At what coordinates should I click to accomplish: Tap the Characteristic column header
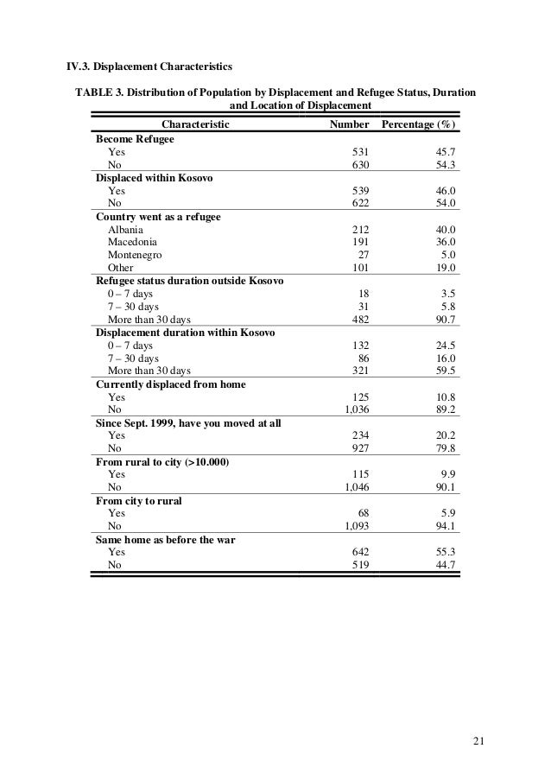pos(196,124)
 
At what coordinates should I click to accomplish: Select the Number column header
pos(350,124)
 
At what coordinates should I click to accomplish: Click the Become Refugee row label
pos(135,138)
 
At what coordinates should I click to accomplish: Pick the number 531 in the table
pos(360,151)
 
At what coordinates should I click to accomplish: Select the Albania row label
pos(127,229)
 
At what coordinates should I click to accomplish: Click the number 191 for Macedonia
pos(360,242)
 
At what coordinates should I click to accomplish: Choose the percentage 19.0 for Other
pos(445,268)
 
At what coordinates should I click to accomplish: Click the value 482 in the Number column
pos(360,320)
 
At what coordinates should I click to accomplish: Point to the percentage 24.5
pos(445,346)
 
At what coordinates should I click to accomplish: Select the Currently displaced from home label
pos(171,384)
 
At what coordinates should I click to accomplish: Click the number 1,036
pos(357,410)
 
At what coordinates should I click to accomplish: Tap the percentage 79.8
pos(445,449)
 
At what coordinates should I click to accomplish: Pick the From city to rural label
pos(139,500)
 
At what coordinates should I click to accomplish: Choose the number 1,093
pos(357,526)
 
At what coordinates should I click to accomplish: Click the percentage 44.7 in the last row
pos(445,565)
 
